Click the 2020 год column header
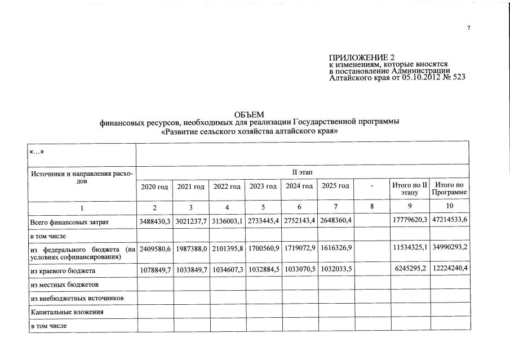pos(154,186)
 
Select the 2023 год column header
pos(263,186)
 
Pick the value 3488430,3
pos(154,223)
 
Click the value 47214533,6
pos(450,223)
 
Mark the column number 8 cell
pos(372,207)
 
